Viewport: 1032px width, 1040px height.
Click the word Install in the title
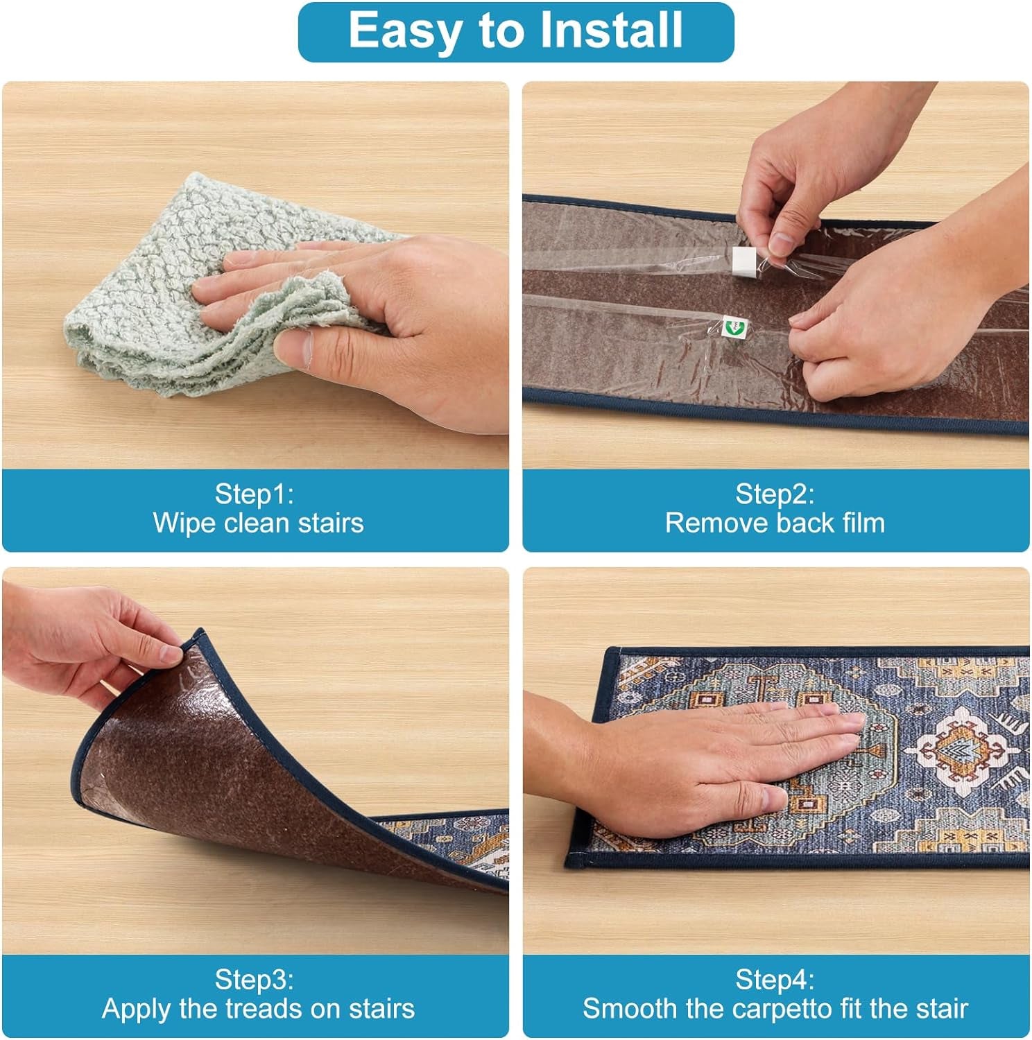[x=612, y=31]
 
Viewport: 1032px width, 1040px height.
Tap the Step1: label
[x=254, y=494]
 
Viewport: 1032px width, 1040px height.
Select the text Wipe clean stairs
[x=258, y=523]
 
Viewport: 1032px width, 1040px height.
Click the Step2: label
[x=775, y=494]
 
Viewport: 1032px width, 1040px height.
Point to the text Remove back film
[x=775, y=523]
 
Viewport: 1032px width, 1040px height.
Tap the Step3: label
[x=254, y=979]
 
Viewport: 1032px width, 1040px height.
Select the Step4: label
[x=775, y=979]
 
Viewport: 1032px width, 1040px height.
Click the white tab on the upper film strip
[x=743, y=261]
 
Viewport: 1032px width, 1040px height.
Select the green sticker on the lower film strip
[x=731, y=325]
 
